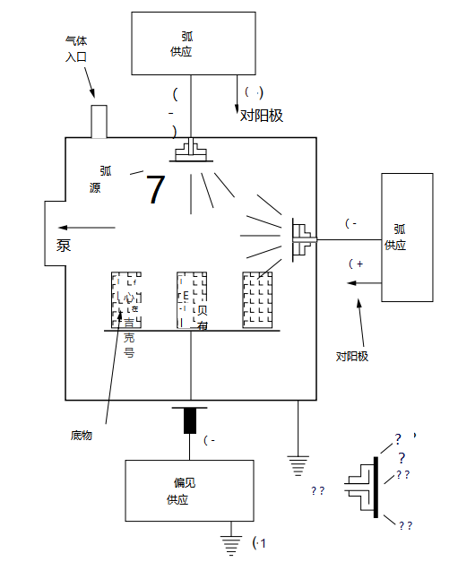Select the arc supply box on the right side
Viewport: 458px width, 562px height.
pyautogui.click(x=407, y=237)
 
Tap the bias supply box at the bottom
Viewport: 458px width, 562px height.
pyautogui.click(x=177, y=490)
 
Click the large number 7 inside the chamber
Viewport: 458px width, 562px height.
pyautogui.click(x=156, y=190)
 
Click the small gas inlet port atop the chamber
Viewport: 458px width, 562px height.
pyautogui.click(x=99, y=121)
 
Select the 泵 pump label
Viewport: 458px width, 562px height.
pyautogui.click(x=64, y=246)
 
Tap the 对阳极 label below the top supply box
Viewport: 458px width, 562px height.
pyautogui.click(x=262, y=115)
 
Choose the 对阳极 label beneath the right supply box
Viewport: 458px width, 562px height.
pyautogui.click(x=352, y=356)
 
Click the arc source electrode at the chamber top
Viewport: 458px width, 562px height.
pyautogui.click(x=193, y=151)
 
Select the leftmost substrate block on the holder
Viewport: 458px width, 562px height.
pyautogui.click(x=125, y=300)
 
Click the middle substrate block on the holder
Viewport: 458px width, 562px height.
pyautogui.click(x=192, y=300)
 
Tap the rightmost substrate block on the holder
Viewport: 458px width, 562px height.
pyautogui.click(x=257, y=300)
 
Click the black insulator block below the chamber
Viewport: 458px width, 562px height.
pyautogui.click(x=190, y=419)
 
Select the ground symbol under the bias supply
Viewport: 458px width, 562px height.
pyautogui.click(x=231, y=542)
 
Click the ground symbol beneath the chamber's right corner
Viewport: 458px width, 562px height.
pyautogui.click(x=298, y=463)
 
